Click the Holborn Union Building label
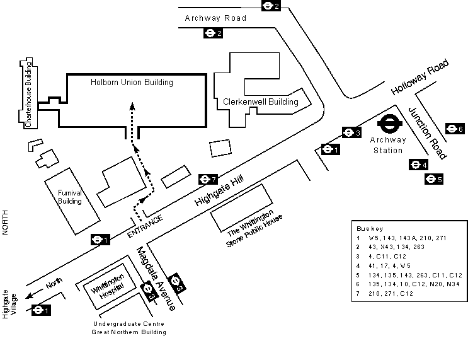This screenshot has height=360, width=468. click(x=131, y=82)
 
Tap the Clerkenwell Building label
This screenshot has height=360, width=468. click(x=261, y=102)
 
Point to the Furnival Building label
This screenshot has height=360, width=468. click(x=70, y=197)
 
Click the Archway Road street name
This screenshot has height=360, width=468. click(x=215, y=18)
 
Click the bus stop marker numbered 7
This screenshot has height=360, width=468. click(x=208, y=179)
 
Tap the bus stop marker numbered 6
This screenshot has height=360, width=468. click(x=454, y=129)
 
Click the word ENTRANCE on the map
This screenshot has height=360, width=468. click(x=146, y=226)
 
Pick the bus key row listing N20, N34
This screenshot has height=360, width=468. click(x=409, y=284)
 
